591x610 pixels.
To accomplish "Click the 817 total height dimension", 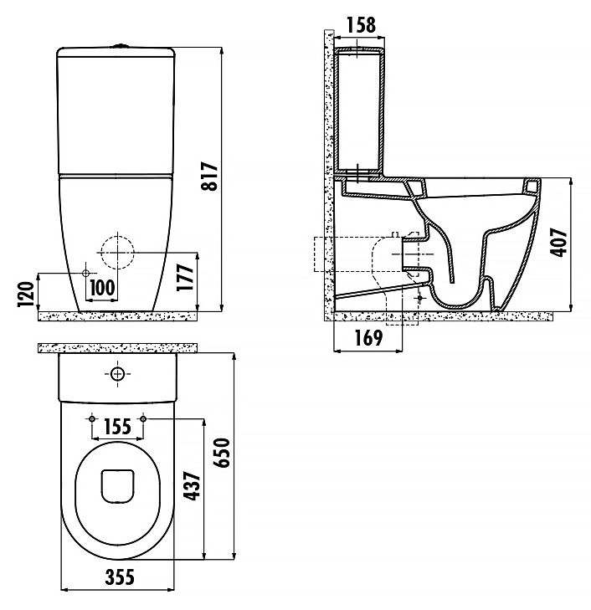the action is pyautogui.click(x=211, y=176).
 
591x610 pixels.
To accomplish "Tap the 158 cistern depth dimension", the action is pyautogui.click(x=361, y=25).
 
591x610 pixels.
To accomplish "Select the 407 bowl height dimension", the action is pyautogui.click(x=558, y=242).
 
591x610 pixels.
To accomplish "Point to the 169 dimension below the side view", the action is pyautogui.click(x=368, y=338).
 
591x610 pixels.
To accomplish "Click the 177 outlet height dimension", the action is pyautogui.click(x=185, y=277).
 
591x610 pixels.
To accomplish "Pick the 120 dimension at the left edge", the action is pyautogui.click(x=26, y=294).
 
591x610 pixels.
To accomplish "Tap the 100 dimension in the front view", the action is pyautogui.click(x=102, y=288).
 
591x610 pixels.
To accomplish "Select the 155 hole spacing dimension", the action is pyautogui.click(x=117, y=427).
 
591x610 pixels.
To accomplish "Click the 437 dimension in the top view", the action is pyautogui.click(x=192, y=486).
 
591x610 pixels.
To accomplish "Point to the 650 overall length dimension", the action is pyautogui.click(x=222, y=453).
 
